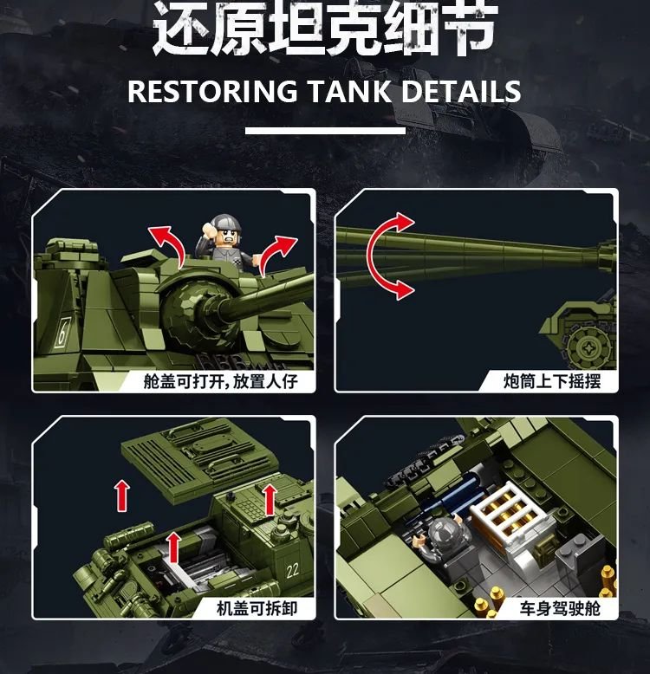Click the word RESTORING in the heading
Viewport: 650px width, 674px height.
[x=212, y=92]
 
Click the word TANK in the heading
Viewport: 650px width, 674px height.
[x=349, y=92]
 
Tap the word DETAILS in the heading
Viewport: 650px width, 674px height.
[x=461, y=92]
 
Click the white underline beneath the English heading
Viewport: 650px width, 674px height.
[x=325, y=130]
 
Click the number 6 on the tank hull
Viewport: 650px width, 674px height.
[x=62, y=332]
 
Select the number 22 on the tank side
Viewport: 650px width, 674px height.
[x=292, y=570]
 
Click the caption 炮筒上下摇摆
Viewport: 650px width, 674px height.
[x=552, y=381]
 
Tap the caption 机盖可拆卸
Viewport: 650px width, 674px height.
[x=257, y=608]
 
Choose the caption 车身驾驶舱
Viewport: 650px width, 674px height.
[x=560, y=608]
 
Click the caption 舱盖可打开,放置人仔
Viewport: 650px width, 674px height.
[x=220, y=381]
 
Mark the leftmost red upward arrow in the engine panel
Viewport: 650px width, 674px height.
[x=122, y=496]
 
